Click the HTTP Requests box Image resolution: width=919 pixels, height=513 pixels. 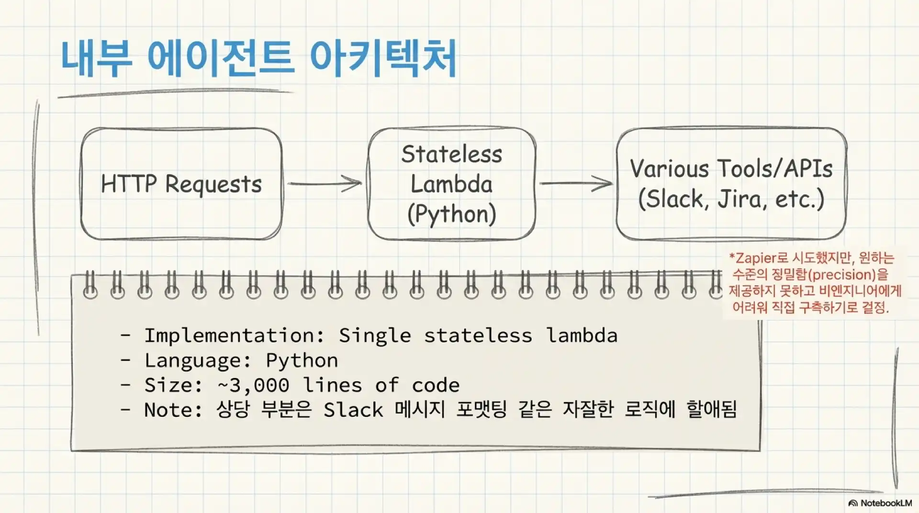[x=181, y=184]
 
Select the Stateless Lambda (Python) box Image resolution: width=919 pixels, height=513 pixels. [x=451, y=184]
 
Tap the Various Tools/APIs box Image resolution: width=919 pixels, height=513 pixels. [x=731, y=184]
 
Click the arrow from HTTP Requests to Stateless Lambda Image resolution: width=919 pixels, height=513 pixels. [x=325, y=183]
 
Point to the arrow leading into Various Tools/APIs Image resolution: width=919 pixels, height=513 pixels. [x=576, y=183]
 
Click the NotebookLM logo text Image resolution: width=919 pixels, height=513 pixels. [x=885, y=503]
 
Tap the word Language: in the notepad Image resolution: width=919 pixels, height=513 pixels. [x=198, y=360]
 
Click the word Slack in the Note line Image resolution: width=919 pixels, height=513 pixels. [x=353, y=410]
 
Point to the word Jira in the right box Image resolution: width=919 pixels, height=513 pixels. [x=739, y=199]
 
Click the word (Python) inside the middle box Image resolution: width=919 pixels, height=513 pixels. [x=451, y=214]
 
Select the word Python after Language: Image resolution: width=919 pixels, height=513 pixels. [x=302, y=360]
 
